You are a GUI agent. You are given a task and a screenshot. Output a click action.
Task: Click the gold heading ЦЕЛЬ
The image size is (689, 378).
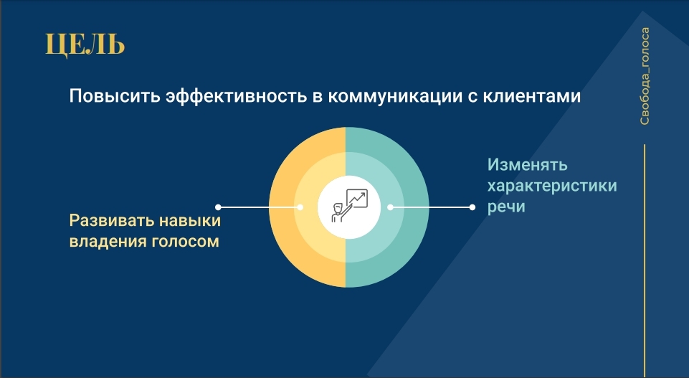85,45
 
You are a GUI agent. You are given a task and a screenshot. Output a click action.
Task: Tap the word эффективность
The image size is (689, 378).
236,97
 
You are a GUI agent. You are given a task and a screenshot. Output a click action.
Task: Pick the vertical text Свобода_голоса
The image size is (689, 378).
644,76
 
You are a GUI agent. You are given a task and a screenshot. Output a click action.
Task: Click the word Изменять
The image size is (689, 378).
527,165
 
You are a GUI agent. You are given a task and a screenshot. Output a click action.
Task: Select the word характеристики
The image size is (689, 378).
552,186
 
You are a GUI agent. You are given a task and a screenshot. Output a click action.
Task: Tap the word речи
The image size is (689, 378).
506,207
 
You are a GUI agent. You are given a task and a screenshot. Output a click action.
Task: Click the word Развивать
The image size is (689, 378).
112,220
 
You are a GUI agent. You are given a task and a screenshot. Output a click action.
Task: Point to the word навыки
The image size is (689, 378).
190,220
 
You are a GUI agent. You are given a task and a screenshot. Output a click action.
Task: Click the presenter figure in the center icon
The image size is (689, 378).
340,212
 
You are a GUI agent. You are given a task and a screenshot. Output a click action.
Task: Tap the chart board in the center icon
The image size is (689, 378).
357,198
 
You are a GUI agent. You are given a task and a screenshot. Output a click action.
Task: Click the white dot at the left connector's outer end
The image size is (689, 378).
218,207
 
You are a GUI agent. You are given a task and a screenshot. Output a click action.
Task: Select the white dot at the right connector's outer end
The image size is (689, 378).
472,207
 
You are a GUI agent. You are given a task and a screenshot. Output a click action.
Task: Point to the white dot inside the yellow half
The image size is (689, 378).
300,207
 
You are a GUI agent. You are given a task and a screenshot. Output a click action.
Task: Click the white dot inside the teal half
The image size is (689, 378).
390,207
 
